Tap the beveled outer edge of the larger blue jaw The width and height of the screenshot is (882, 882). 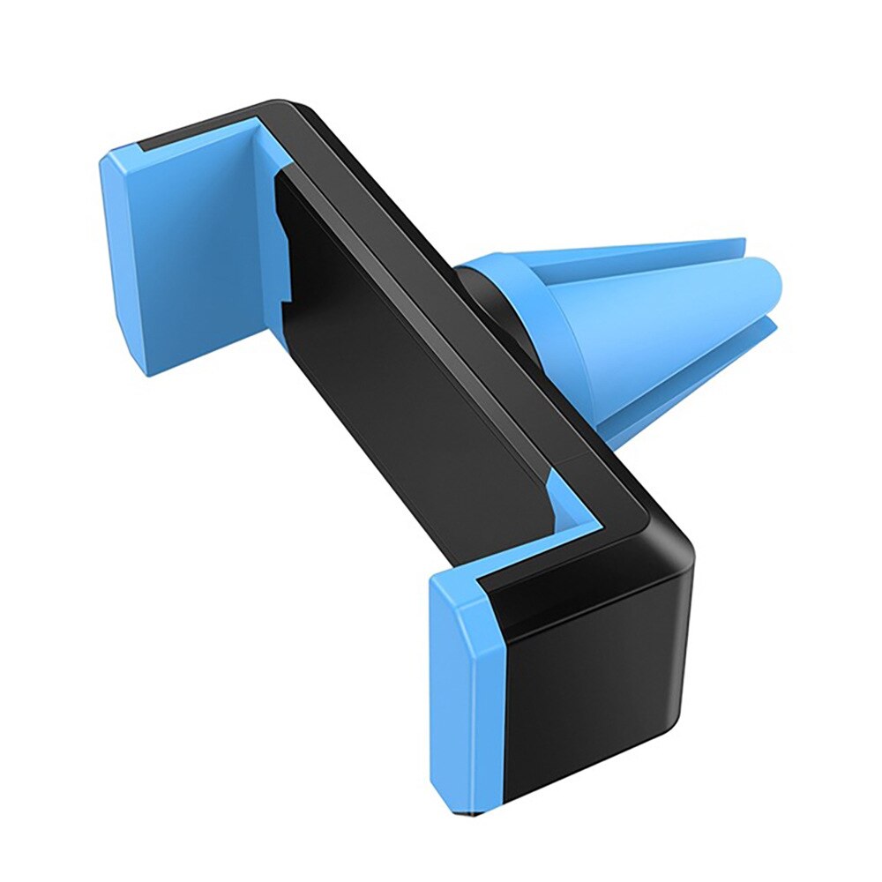(x=119, y=265)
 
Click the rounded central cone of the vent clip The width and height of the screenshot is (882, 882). (x=670, y=326)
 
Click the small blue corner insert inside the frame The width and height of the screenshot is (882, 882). (x=564, y=503)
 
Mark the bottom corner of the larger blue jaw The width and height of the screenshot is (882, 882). (x=150, y=370)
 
